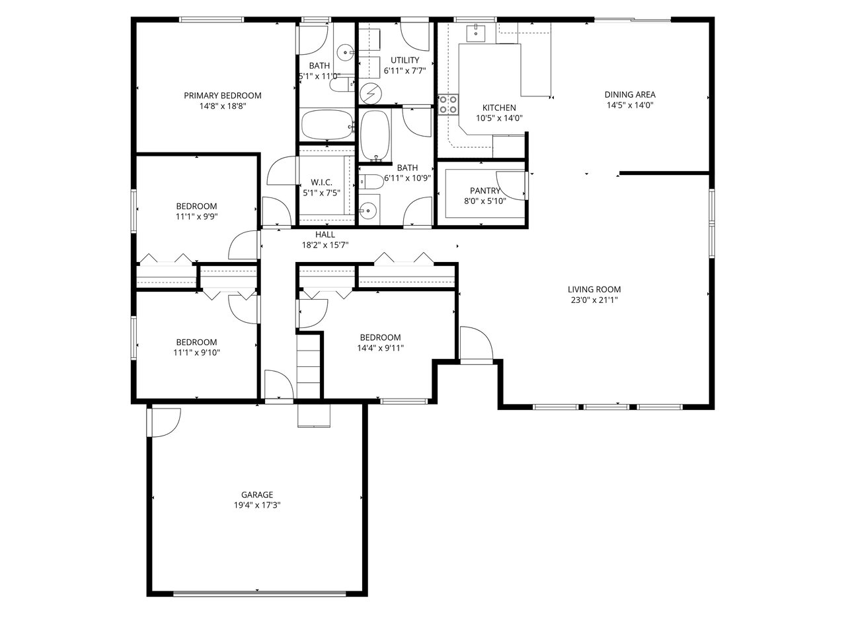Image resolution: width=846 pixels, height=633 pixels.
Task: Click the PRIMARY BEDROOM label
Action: tap(222, 96)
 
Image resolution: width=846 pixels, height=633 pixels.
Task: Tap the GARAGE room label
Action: tap(257, 494)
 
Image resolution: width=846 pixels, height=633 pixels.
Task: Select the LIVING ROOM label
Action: tap(594, 289)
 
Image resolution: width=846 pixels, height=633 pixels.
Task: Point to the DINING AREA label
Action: tap(630, 94)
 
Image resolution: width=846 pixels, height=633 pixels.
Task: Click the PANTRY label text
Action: tap(485, 191)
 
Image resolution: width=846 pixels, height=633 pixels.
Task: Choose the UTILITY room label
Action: tap(404, 60)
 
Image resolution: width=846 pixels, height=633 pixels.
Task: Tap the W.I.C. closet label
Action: tap(321, 182)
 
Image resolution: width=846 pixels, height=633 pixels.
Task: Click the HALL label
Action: tap(325, 234)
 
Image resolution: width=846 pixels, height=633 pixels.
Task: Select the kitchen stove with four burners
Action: tap(449, 105)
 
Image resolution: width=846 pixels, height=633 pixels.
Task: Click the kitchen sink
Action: tap(477, 33)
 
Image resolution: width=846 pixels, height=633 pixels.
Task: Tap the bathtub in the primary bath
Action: tap(327, 125)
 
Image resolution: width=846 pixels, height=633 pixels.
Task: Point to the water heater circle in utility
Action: tap(371, 94)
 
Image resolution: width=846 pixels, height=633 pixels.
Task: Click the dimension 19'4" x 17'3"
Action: tap(257, 505)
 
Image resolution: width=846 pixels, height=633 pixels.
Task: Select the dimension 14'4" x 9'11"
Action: tap(381, 349)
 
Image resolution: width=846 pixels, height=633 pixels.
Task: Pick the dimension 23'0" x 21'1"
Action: tap(594, 300)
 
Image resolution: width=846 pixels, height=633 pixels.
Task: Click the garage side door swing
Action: tap(166, 422)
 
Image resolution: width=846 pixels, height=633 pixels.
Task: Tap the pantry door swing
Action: tap(511, 186)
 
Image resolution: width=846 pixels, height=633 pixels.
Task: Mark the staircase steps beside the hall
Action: tap(309, 366)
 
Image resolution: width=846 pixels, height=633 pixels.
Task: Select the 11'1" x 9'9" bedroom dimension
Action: tap(196, 217)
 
